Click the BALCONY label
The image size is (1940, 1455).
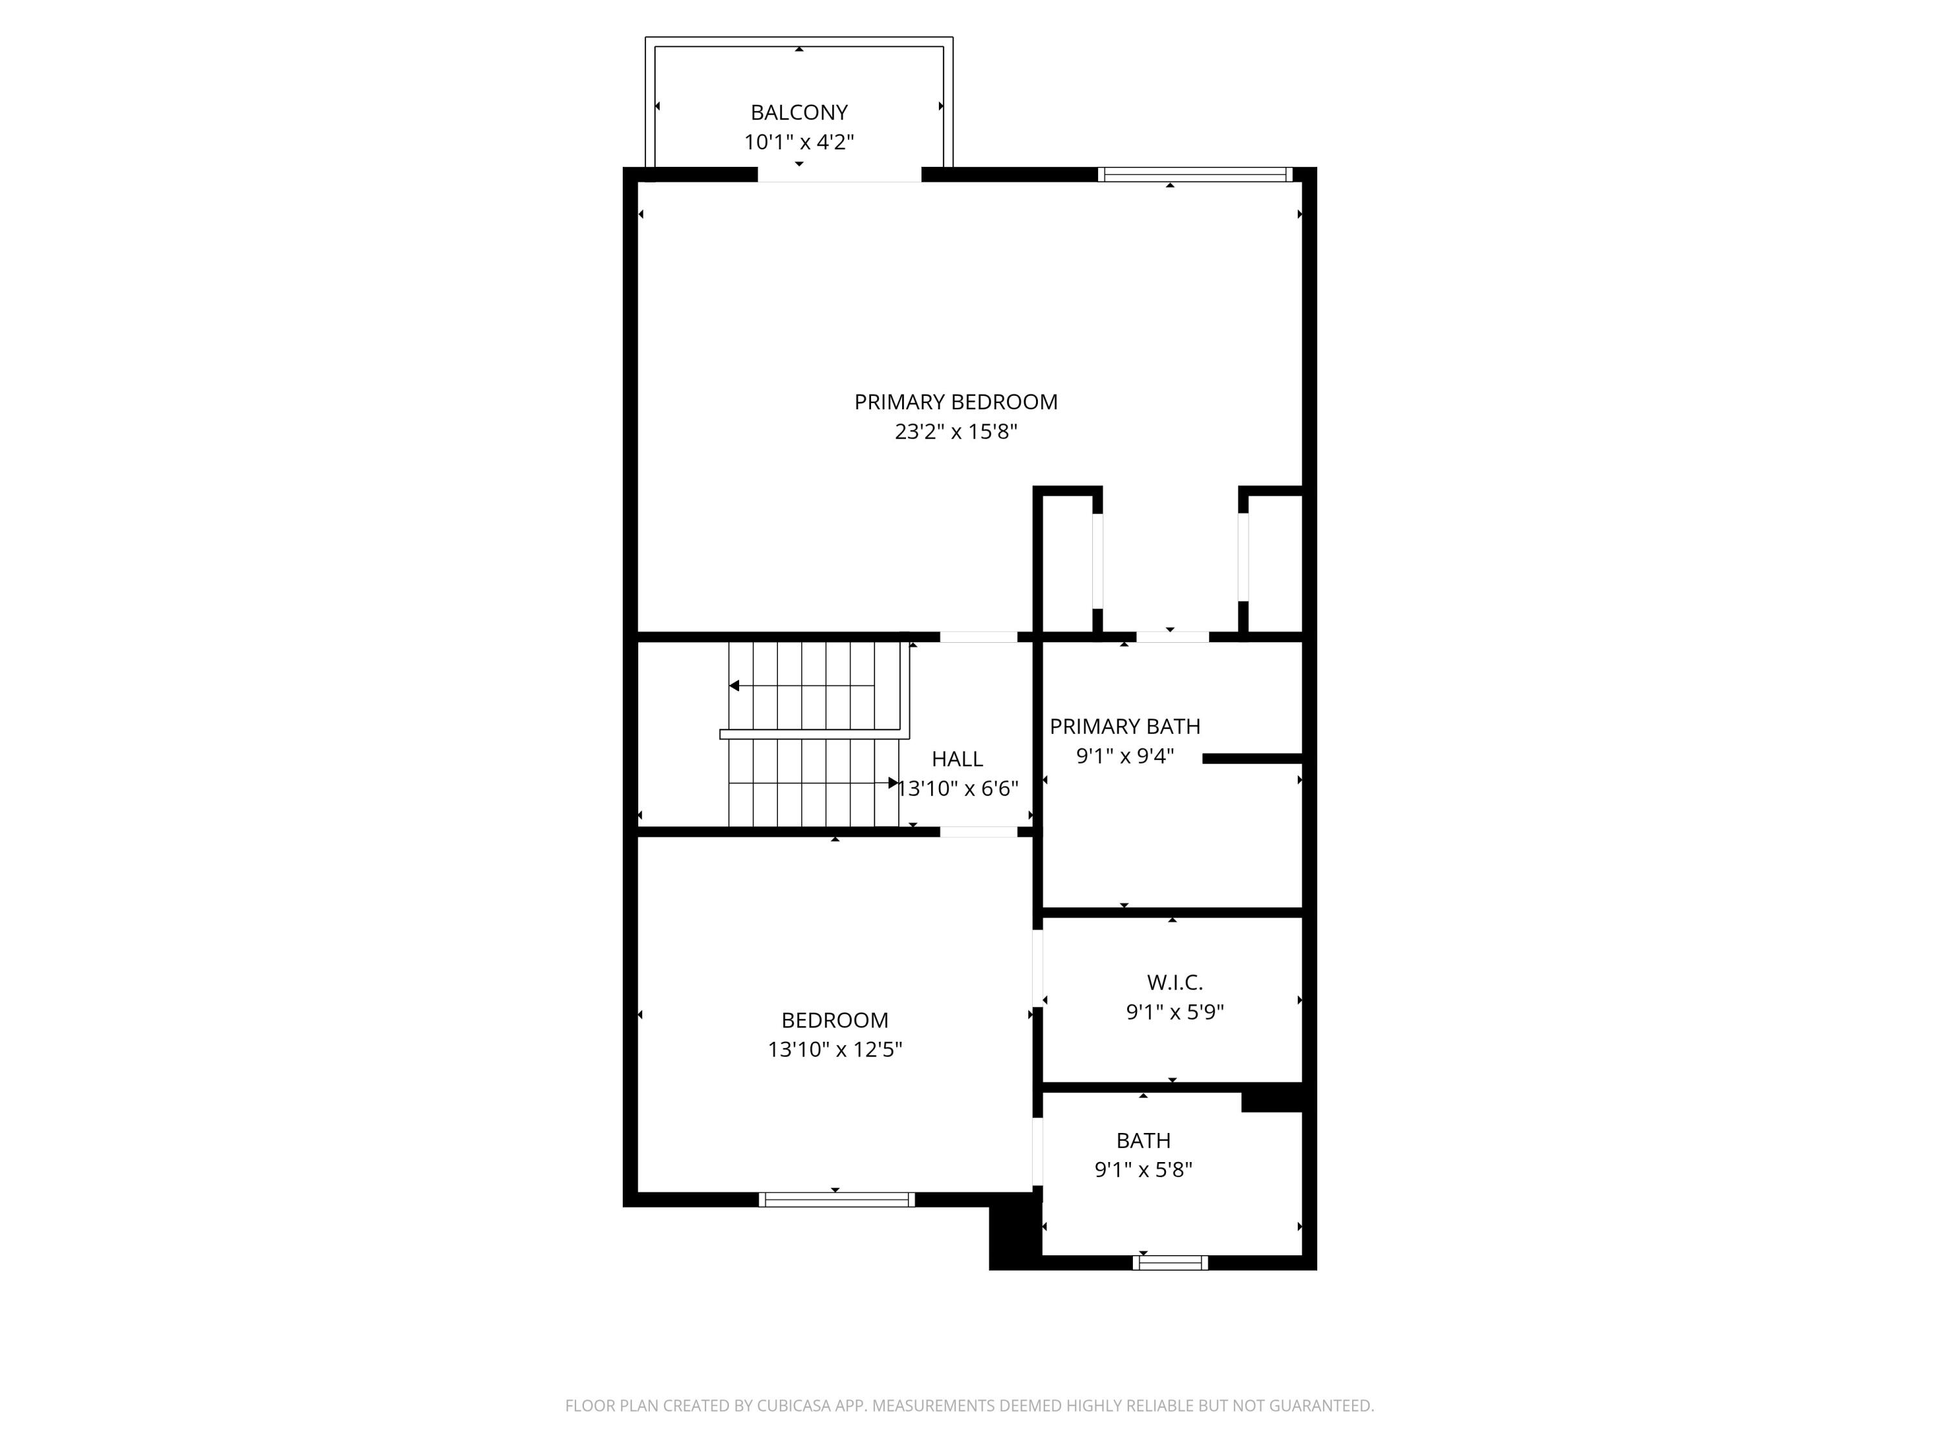(x=799, y=113)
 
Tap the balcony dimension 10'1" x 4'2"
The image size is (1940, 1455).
(x=799, y=142)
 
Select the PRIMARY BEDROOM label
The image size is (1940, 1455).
(x=956, y=402)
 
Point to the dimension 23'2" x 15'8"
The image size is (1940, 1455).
(x=956, y=431)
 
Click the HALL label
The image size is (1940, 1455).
(x=957, y=759)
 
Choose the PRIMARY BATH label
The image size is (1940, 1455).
(x=1125, y=726)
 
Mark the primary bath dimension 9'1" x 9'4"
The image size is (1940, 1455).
(x=1125, y=756)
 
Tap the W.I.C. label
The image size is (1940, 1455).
(x=1175, y=982)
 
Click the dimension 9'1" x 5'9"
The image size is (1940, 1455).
(x=1175, y=1012)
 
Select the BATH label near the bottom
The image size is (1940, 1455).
(x=1144, y=1140)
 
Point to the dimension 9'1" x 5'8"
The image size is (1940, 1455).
(x=1144, y=1169)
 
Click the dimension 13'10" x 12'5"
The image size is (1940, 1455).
(x=835, y=1049)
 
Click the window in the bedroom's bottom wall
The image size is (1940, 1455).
(x=837, y=1200)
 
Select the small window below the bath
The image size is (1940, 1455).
(x=1170, y=1263)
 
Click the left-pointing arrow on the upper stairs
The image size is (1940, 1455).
(x=802, y=686)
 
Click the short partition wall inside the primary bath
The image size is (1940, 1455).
(x=1253, y=759)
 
